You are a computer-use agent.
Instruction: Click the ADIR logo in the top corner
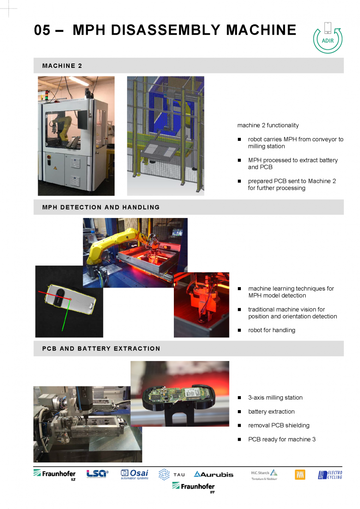(327, 38)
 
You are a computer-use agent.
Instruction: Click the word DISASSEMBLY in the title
(165, 30)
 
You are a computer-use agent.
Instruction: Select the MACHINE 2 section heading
(62, 66)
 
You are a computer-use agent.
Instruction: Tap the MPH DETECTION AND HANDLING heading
(101, 207)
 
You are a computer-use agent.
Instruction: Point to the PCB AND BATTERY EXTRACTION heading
(101, 349)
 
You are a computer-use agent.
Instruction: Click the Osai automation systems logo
(134, 475)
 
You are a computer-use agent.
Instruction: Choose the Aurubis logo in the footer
(214, 475)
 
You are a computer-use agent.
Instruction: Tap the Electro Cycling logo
(330, 475)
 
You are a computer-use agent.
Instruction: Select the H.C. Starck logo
(264, 475)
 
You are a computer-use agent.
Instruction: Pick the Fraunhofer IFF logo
(193, 487)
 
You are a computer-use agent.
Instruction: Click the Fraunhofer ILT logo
(55, 475)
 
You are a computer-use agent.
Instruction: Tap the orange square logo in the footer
(300, 475)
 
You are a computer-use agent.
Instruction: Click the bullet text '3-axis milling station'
(275, 397)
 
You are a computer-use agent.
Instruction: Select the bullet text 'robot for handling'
(272, 330)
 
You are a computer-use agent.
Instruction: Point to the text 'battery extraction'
(271, 411)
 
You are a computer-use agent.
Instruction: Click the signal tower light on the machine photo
(46, 95)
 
